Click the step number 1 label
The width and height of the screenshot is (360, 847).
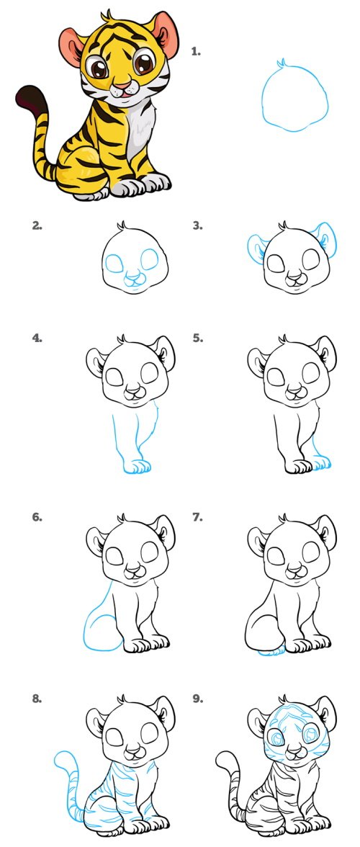(x=196, y=52)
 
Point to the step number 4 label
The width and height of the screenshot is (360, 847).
(x=37, y=339)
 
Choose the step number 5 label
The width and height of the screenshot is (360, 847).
(x=197, y=339)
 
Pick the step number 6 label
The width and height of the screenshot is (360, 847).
(x=37, y=517)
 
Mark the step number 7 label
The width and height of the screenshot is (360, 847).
(x=197, y=517)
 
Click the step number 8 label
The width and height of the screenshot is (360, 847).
(x=37, y=699)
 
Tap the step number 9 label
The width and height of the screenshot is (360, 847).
(x=197, y=699)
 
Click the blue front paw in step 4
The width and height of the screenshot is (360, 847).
(x=135, y=465)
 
